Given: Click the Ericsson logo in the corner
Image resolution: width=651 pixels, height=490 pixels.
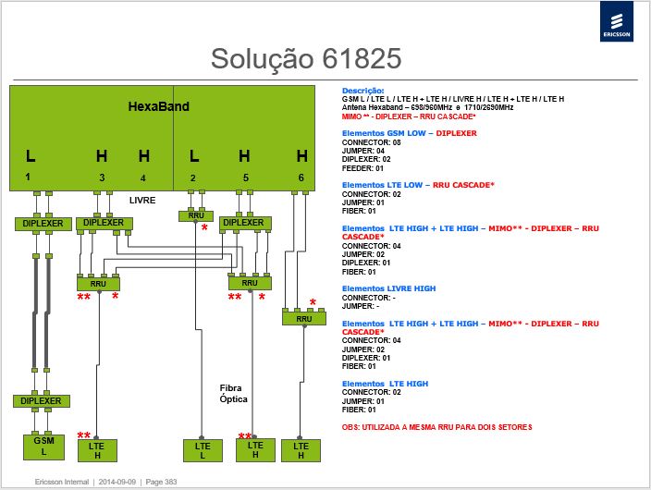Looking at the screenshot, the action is [617, 21].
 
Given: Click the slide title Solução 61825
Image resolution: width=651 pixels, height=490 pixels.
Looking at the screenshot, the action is [306, 58].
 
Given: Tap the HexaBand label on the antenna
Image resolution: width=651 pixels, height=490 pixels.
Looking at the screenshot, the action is [159, 106].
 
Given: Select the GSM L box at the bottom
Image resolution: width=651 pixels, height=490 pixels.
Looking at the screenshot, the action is [44, 447].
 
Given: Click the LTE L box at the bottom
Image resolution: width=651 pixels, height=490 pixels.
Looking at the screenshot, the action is [203, 451].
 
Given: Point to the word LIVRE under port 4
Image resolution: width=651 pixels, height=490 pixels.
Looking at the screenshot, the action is [142, 200].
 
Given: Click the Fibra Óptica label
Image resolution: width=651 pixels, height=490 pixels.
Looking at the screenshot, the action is [233, 393].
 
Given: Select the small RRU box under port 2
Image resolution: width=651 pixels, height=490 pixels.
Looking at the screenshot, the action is [196, 216].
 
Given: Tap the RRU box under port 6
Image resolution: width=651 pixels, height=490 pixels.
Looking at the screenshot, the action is [304, 319].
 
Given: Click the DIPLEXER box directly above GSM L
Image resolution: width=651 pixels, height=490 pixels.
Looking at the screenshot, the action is [41, 401].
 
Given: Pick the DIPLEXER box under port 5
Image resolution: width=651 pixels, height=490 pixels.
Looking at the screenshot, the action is [244, 223].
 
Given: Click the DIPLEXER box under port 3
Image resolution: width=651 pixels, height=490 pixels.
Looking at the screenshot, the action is [104, 223].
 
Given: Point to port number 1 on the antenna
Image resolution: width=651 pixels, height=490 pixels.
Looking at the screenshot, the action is [28, 178].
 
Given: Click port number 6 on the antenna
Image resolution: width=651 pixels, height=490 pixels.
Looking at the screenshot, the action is [301, 178].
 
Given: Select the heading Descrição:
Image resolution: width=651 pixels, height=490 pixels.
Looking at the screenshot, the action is [362, 91].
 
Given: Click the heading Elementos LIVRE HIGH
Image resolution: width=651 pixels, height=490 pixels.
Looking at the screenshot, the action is [388, 288].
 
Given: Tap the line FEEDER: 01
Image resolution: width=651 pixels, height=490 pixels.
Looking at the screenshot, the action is [362, 168].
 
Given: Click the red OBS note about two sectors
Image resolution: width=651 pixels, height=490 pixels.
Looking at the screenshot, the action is [436, 427].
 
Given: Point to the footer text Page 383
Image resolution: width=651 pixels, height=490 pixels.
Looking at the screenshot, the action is [161, 482].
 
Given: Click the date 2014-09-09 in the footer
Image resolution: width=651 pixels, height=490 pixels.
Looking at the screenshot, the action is [117, 482].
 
